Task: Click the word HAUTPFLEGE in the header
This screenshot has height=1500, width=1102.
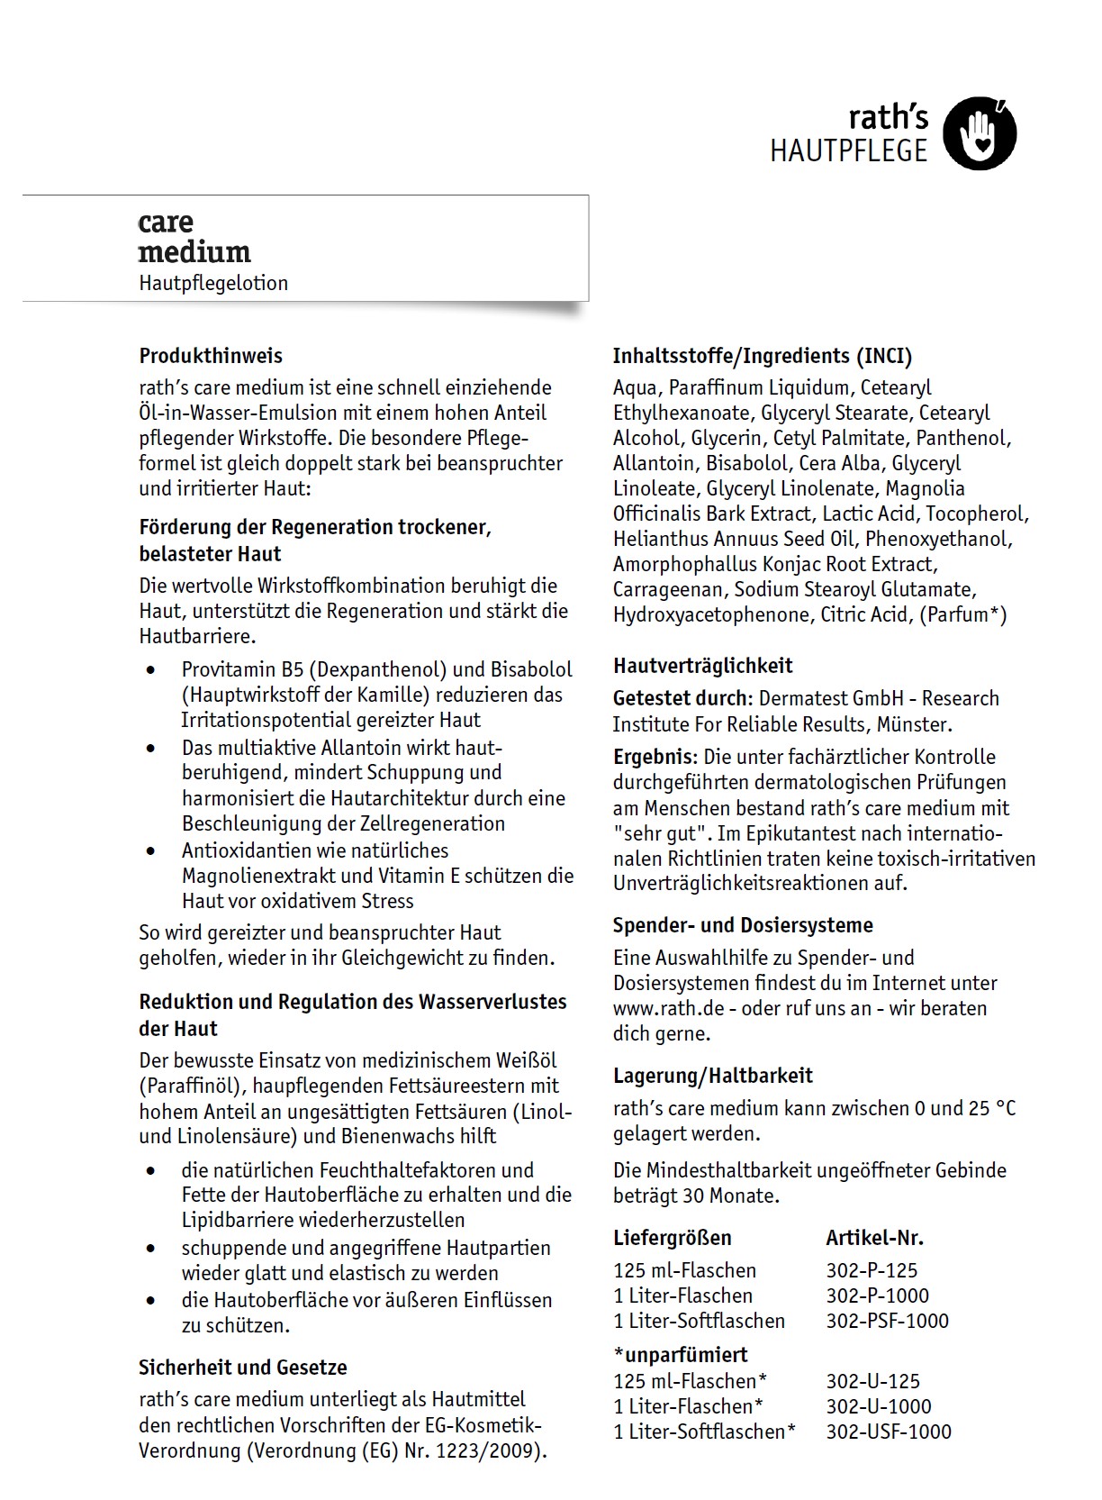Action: click(x=848, y=151)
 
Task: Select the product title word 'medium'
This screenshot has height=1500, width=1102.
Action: click(x=194, y=252)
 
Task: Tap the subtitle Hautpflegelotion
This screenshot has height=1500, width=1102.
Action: click(x=213, y=283)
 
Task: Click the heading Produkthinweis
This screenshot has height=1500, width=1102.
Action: click(x=211, y=356)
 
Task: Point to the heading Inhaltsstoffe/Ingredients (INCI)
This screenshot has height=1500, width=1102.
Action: click(x=763, y=356)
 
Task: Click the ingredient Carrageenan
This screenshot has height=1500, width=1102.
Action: click(x=667, y=590)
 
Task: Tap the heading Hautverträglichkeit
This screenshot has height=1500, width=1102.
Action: click(x=703, y=666)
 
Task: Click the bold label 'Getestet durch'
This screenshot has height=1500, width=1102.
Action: click(x=680, y=698)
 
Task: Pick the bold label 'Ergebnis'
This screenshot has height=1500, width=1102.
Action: click(x=655, y=757)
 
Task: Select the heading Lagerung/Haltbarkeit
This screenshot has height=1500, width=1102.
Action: click(x=713, y=1076)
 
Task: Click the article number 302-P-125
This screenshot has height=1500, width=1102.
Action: click(x=872, y=1270)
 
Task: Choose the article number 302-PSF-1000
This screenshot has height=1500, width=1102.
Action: click(x=887, y=1321)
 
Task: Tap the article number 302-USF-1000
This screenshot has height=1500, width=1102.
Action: click(x=889, y=1432)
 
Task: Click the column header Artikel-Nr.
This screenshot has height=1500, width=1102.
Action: click(x=874, y=1238)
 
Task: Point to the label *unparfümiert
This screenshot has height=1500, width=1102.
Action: click(x=681, y=1355)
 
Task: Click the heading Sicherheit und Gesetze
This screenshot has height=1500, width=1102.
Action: click(x=243, y=1368)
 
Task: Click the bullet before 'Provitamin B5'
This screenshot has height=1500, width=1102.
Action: click(x=150, y=670)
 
